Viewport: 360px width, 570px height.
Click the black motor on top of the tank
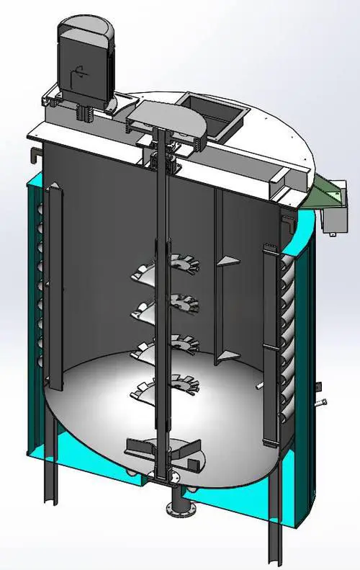pyautogui.click(x=85, y=61)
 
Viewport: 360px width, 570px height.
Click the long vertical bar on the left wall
pyautogui.click(x=52, y=288)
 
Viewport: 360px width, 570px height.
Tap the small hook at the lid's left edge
pyautogui.click(x=33, y=153)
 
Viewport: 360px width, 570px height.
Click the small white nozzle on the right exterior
pyautogui.click(x=321, y=401)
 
